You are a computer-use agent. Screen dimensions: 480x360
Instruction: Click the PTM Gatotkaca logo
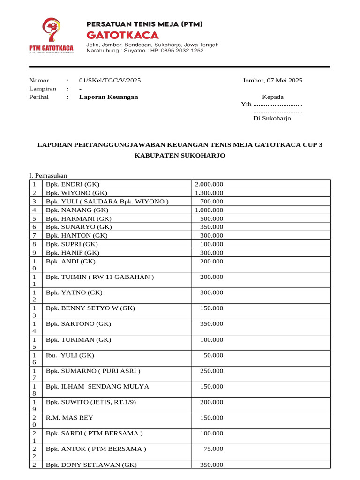point(51,37)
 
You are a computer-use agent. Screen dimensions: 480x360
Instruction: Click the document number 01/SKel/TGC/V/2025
point(110,80)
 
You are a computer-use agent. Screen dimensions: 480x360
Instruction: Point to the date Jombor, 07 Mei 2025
point(272,80)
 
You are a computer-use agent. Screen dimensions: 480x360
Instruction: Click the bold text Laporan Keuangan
point(108,97)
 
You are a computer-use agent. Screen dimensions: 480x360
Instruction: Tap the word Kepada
point(272,97)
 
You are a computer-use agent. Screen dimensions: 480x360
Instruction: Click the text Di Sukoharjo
point(272,118)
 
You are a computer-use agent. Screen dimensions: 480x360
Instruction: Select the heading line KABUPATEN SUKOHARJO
point(180,155)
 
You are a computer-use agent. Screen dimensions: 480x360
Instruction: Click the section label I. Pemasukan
point(48,176)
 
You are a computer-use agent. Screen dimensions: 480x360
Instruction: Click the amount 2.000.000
point(209,184)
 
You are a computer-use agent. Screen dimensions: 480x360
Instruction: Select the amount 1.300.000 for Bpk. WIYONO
point(209,193)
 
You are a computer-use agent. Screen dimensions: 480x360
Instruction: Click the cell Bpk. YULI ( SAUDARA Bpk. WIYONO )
point(107,202)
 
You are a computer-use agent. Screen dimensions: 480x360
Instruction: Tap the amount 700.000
point(211,202)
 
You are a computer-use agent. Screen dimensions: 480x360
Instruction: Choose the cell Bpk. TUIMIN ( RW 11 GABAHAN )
point(99,277)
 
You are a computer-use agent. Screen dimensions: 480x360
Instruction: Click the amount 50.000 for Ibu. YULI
point(213,355)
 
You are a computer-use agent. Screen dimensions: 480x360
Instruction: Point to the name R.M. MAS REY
point(69,418)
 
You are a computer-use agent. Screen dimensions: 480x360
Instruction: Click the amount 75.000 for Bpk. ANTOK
point(213,449)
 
